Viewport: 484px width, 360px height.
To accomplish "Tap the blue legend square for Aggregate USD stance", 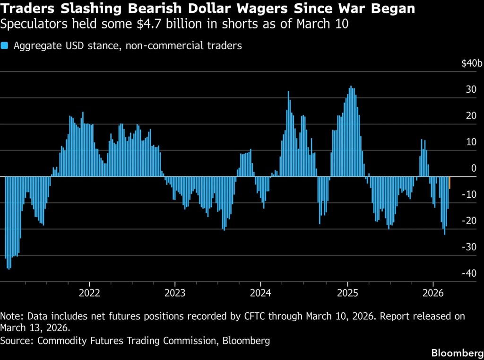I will pos(5,46).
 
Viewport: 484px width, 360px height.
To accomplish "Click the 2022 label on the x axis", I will pos(89,292).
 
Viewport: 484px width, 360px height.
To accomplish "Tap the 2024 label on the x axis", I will pos(261,292).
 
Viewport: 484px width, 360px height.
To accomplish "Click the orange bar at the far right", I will pos(449,183).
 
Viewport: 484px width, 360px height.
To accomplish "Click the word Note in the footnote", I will pos(10,316).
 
